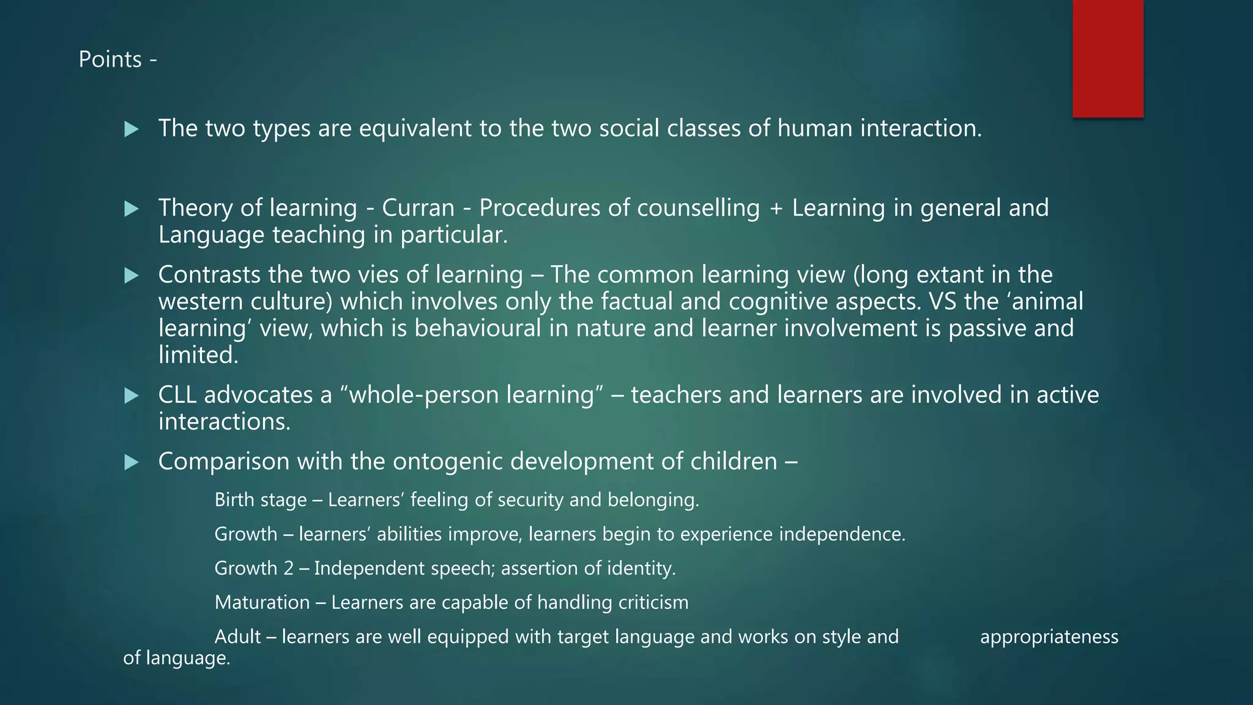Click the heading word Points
tap(110, 59)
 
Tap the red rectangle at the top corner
tap(1107, 58)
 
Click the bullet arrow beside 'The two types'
tap(131, 129)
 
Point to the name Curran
tap(418, 208)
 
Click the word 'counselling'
tap(698, 208)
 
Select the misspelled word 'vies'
tap(376, 275)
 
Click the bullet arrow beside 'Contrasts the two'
tap(131, 275)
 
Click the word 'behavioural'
tap(478, 329)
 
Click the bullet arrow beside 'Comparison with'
tap(131, 462)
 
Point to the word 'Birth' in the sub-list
tap(234, 500)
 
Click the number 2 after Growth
tap(288, 569)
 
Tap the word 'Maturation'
tap(262, 603)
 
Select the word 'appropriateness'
tap(1049, 637)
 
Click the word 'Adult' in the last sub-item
tap(237, 637)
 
